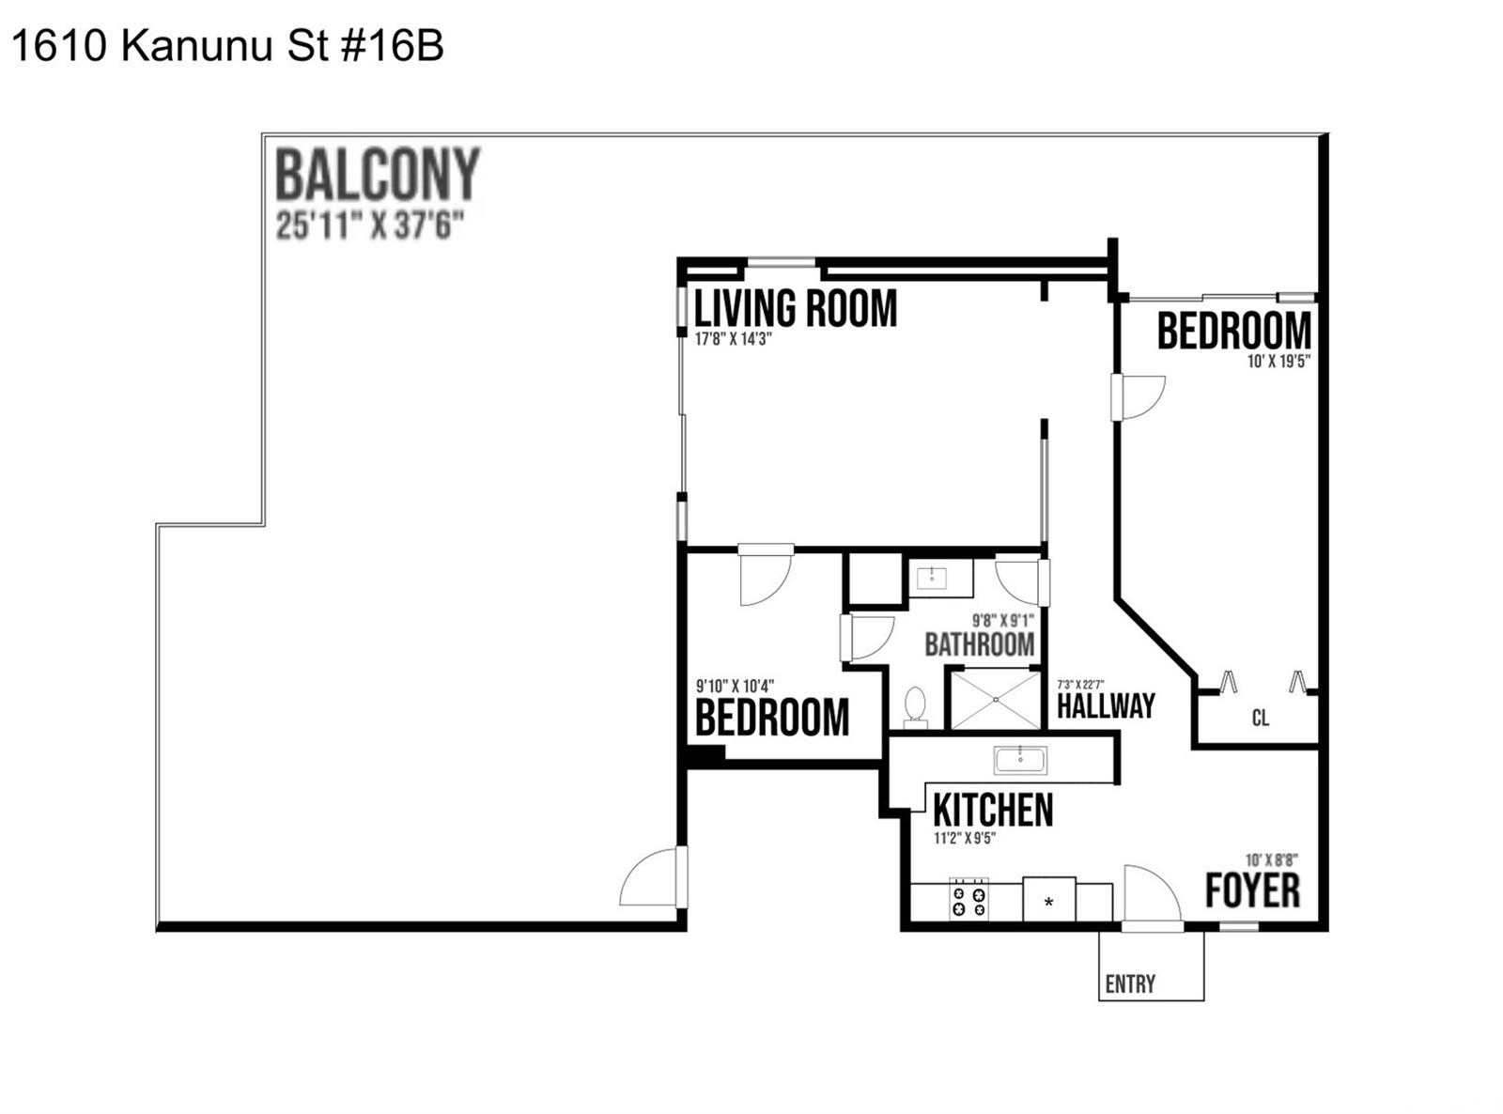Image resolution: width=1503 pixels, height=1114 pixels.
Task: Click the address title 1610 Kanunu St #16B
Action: click(x=227, y=47)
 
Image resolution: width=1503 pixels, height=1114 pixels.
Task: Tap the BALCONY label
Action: click(x=378, y=175)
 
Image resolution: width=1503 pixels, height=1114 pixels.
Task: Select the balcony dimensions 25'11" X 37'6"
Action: click(x=369, y=225)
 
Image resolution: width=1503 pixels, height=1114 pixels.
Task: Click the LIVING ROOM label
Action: click(x=796, y=309)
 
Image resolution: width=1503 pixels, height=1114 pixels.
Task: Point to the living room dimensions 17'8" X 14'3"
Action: click(x=734, y=339)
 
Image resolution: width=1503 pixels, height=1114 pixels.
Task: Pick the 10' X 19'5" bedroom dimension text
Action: click(x=1278, y=362)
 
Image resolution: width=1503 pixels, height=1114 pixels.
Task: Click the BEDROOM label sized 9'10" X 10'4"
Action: click(x=772, y=718)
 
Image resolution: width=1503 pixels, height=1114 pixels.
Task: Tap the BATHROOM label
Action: click(x=979, y=644)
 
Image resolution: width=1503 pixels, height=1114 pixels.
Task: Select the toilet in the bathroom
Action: click(x=915, y=706)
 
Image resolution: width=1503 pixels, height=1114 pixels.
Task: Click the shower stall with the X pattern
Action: click(x=995, y=700)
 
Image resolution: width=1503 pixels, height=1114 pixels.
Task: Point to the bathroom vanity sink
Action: click(x=931, y=579)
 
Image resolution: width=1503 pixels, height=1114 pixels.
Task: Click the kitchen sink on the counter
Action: click(x=1020, y=760)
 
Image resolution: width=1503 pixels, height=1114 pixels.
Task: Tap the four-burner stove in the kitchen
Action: click(x=968, y=900)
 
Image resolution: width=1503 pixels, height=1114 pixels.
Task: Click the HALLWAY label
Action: click(x=1106, y=706)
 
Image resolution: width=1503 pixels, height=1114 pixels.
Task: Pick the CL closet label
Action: click(x=1261, y=718)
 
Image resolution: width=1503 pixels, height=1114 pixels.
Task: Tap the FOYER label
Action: click(x=1252, y=890)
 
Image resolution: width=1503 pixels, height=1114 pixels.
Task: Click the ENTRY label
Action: click(x=1130, y=983)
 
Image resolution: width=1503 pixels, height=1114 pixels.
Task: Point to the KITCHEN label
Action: click(x=993, y=809)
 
